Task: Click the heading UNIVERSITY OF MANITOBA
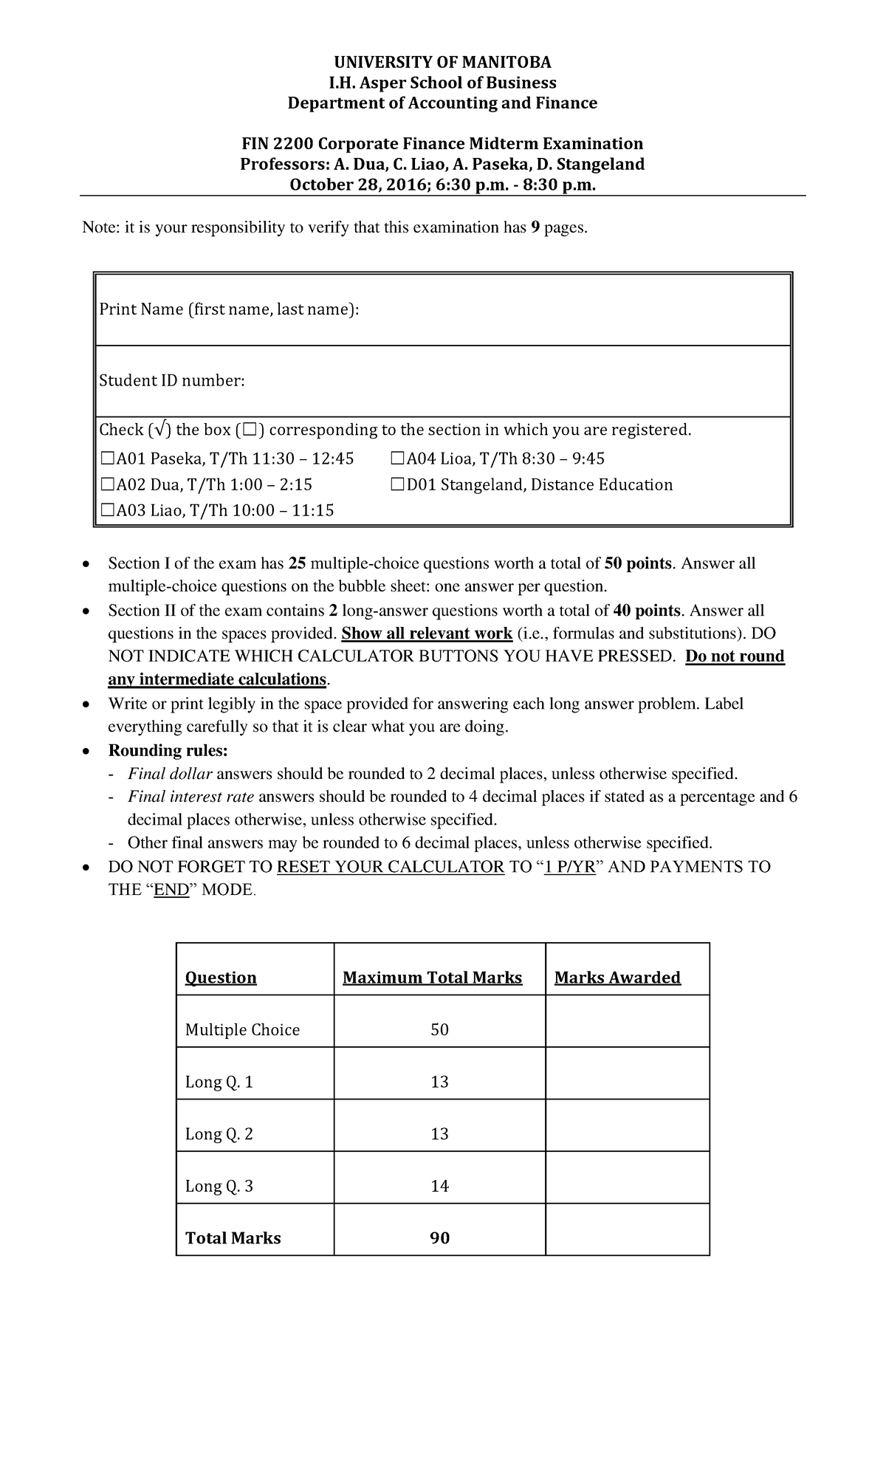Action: coord(442,61)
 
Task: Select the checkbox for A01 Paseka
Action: coord(107,459)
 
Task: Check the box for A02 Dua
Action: coord(107,485)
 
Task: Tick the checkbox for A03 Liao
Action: coord(107,510)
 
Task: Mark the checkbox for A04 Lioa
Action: coord(397,459)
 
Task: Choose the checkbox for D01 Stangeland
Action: coord(397,485)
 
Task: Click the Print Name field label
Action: coord(229,309)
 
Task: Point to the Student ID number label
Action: coord(171,381)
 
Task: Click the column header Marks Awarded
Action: coord(617,978)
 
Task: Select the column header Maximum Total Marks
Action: coord(432,978)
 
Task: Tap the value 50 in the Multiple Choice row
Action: coord(439,1030)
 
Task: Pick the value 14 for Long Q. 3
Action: coord(439,1186)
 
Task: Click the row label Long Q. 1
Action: coord(219,1082)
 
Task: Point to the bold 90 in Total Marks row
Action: coord(439,1238)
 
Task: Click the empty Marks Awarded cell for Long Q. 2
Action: coord(627,1134)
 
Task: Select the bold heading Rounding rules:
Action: coord(168,751)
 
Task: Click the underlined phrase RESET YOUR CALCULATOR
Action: coord(390,867)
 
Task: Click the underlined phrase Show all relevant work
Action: coord(427,634)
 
